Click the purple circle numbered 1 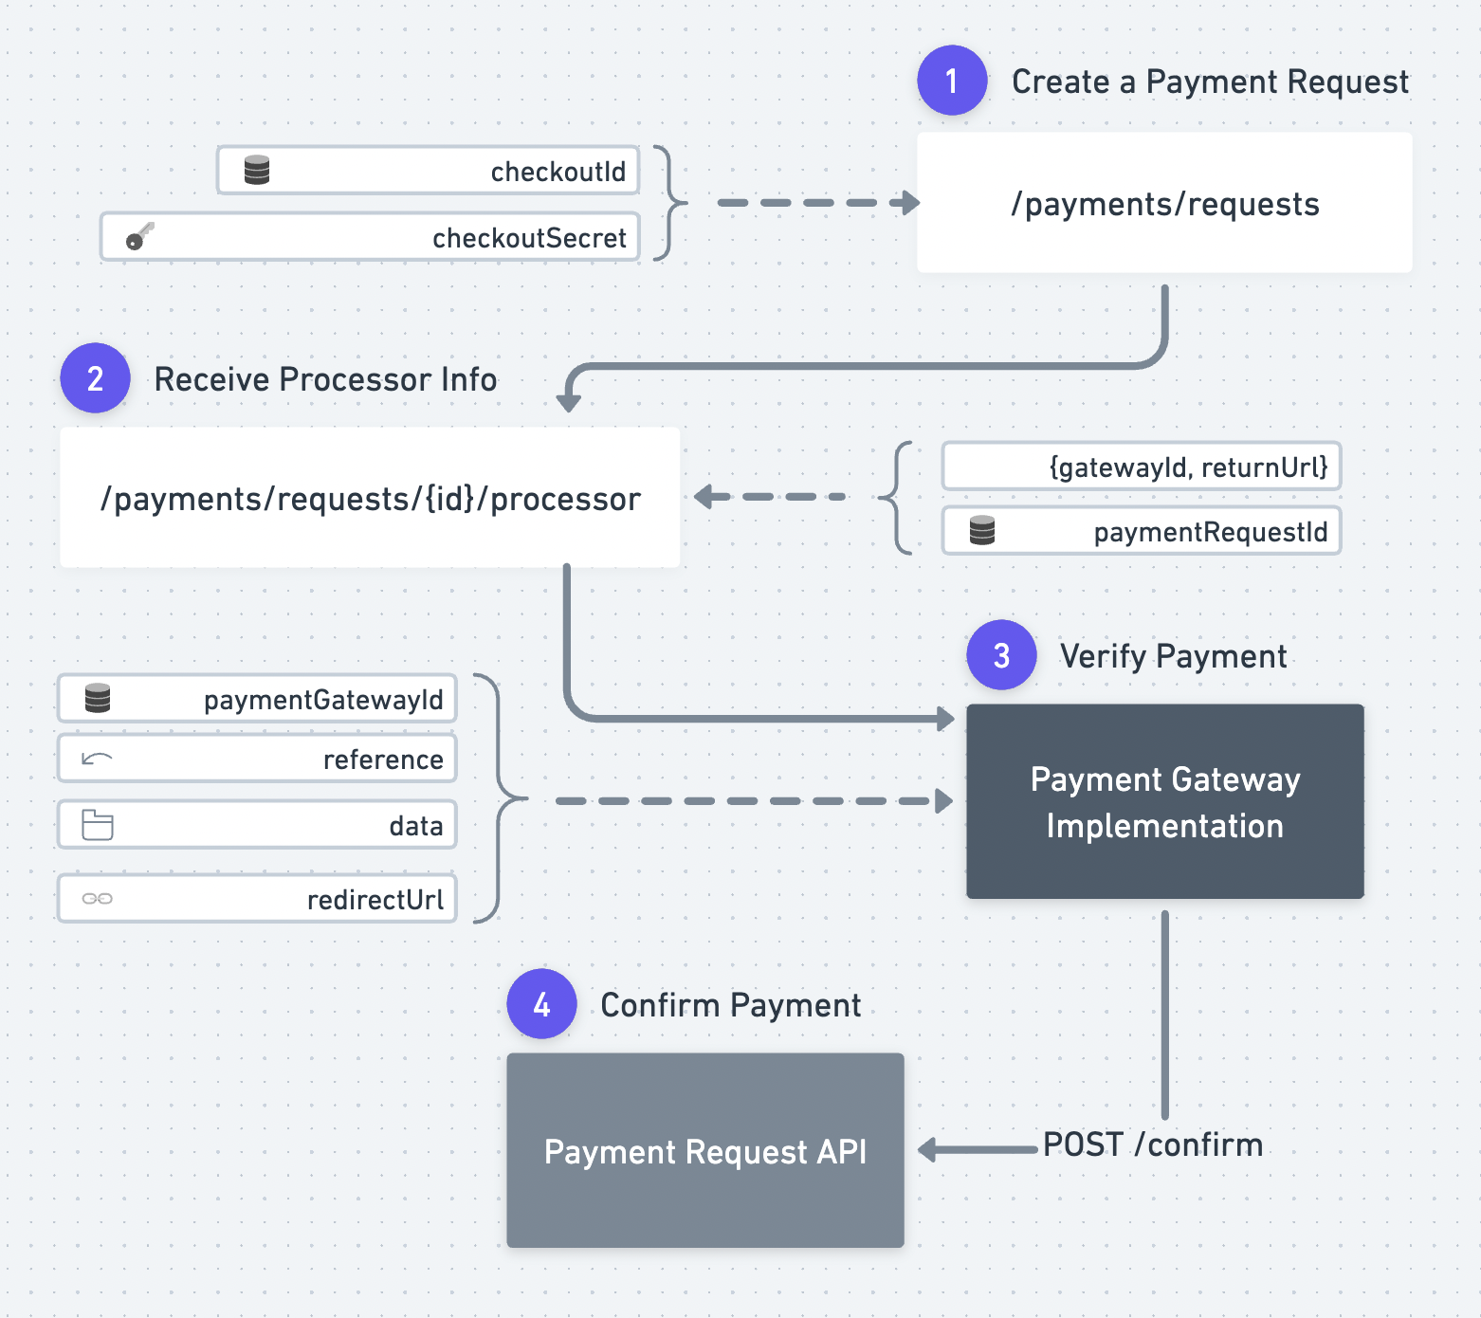coord(952,81)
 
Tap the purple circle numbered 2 coord(95,378)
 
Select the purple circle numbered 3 coord(1001,655)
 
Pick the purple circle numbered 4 coord(541,1004)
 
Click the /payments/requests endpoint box coord(1164,203)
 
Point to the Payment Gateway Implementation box coord(1165,801)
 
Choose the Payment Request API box coord(705,1150)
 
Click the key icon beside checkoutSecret coord(140,236)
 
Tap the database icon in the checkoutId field coord(257,170)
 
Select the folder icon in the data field coord(98,825)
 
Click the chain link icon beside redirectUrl coord(98,898)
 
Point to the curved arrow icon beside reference coord(98,758)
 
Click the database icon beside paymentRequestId coord(982,530)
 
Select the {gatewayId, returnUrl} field coord(1142,467)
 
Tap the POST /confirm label coord(1153,1144)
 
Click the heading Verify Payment coord(1173,656)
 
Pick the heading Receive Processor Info coord(325,379)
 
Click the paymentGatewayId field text coord(323,700)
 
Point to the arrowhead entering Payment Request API coord(928,1150)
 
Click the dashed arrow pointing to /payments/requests coord(819,203)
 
